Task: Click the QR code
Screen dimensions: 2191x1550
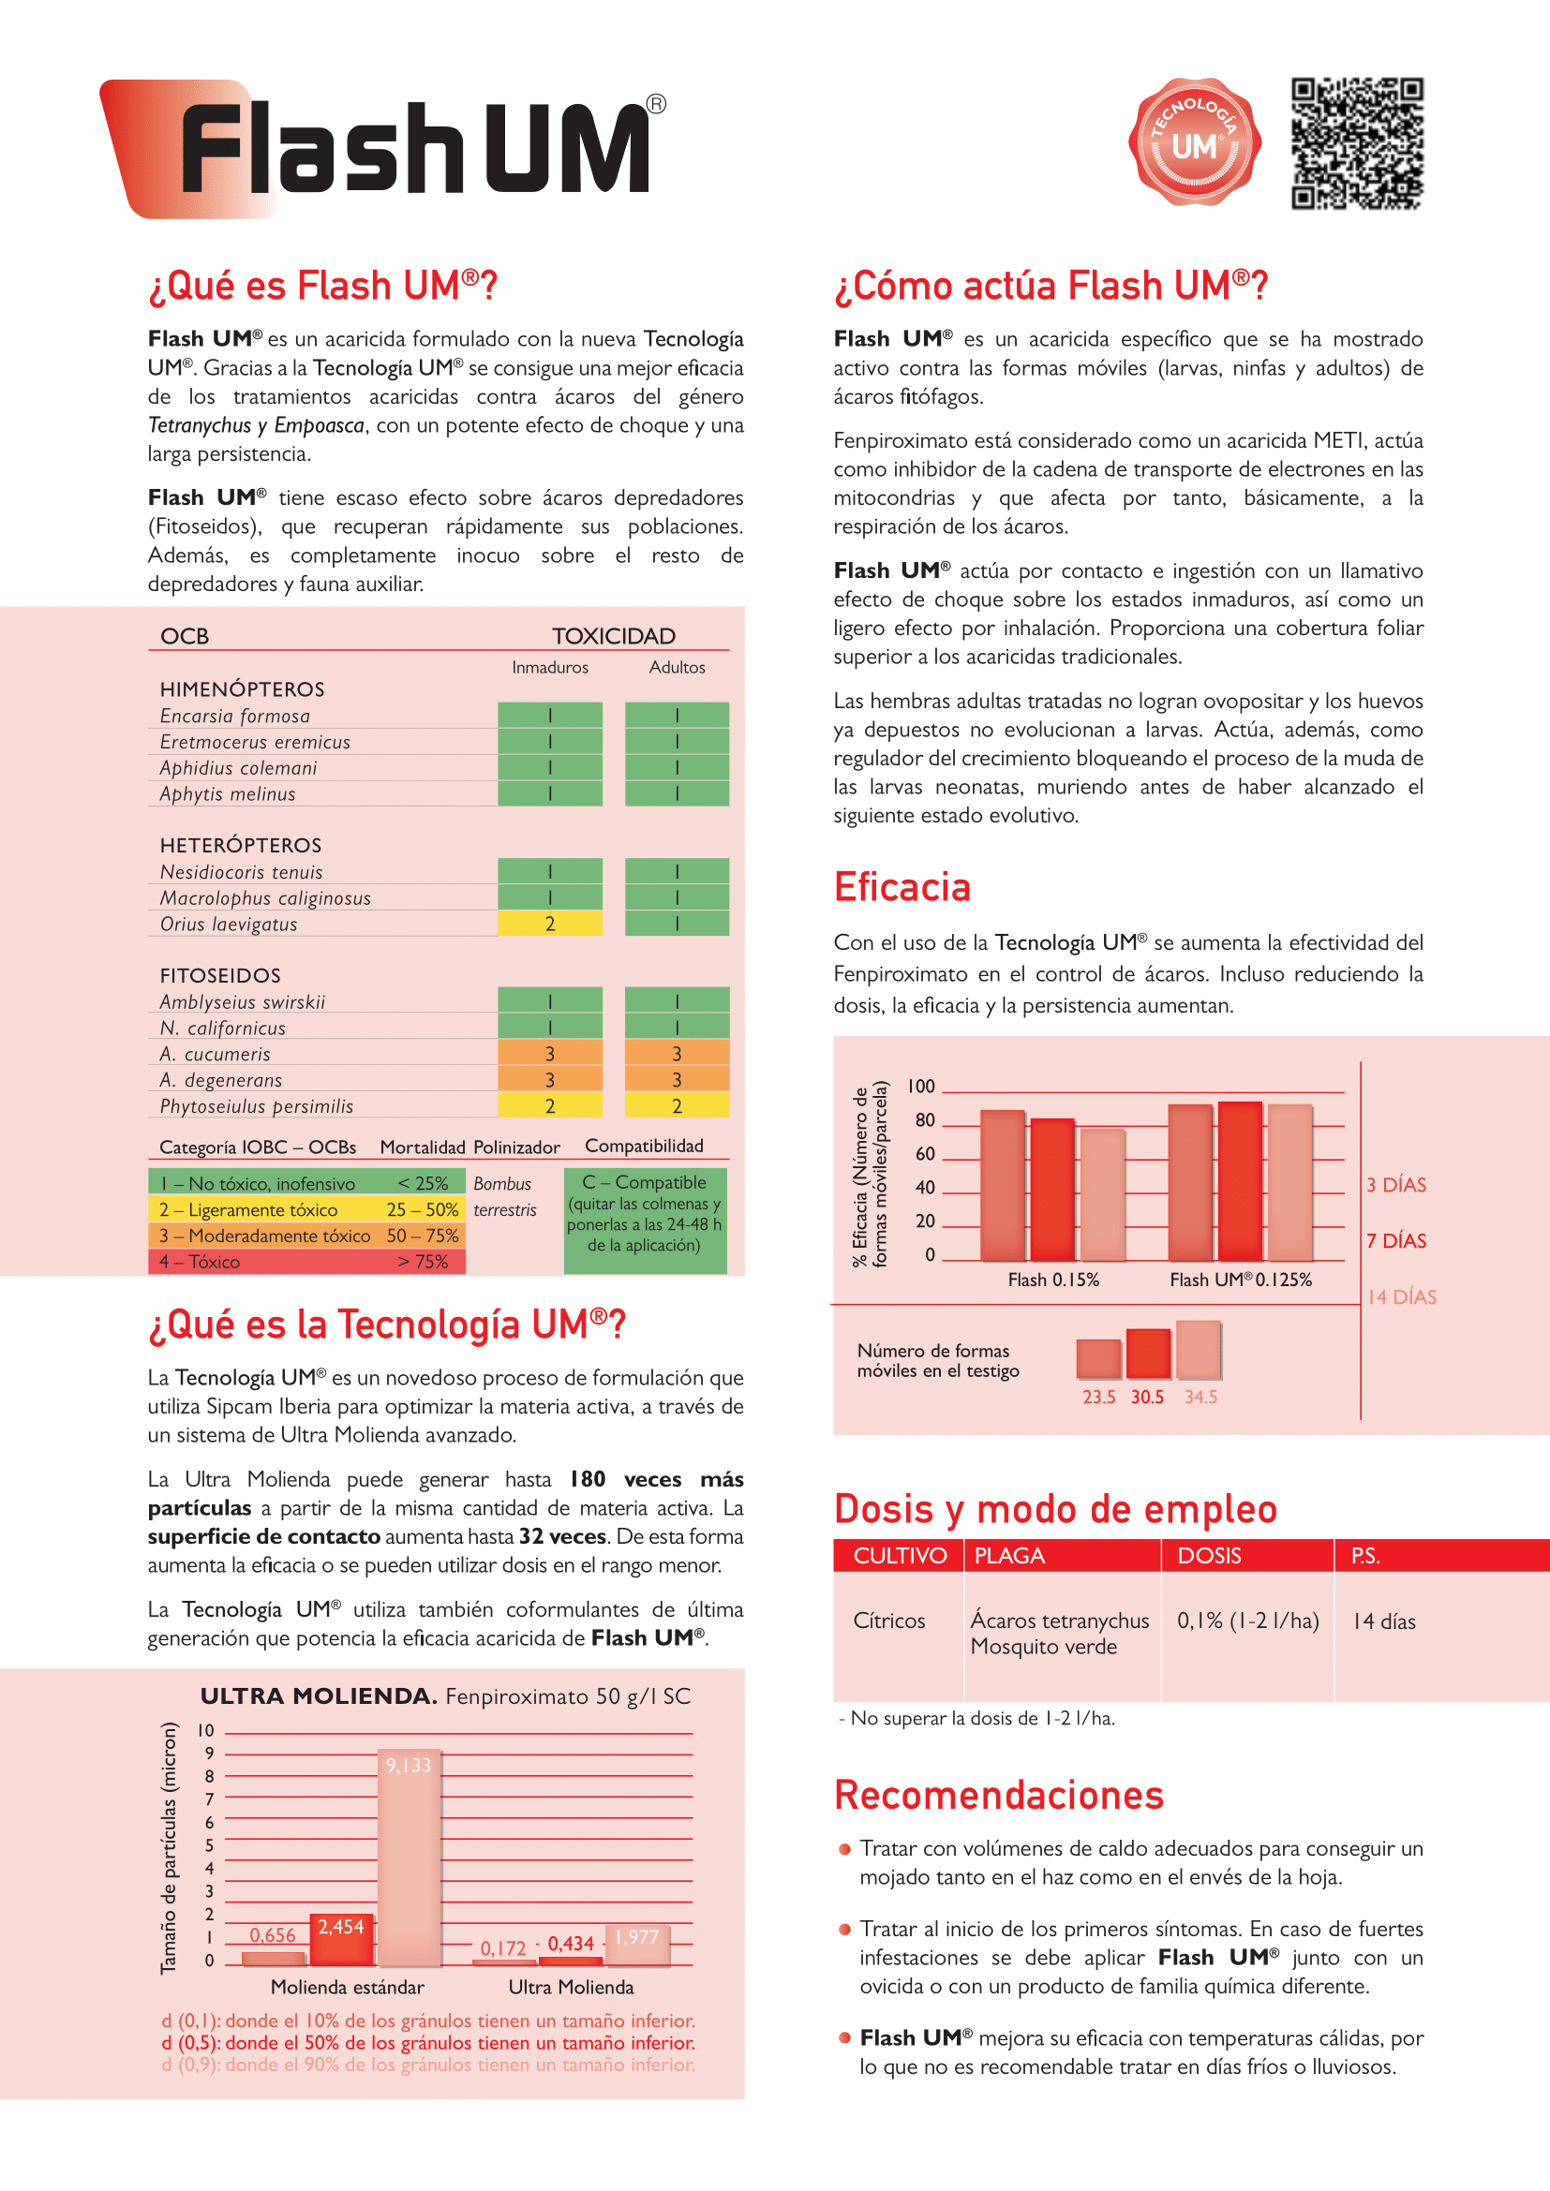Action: [1356, 143]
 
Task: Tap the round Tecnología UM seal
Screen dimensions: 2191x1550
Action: [1194, 141]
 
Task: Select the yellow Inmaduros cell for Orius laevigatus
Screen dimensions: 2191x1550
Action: [550, 924]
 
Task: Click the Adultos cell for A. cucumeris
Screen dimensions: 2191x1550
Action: [677, 1054]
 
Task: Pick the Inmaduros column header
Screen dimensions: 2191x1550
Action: [550, 667]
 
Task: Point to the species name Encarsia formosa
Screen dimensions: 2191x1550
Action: [235, 716]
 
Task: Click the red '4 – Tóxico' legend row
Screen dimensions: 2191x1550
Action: [306, 1262]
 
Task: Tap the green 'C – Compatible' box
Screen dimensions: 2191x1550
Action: [644, 1220]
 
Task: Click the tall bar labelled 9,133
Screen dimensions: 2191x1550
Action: [410, 1861]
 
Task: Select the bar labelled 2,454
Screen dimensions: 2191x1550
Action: [341, 1939]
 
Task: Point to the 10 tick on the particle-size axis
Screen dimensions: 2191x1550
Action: [206, 1730]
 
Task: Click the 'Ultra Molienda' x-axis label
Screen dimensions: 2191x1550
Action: [571, 1987]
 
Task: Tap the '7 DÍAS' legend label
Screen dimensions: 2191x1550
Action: [1395, 1240]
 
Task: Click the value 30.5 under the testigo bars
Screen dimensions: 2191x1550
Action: [1147, 1397]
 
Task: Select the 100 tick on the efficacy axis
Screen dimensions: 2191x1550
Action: [921, 1086]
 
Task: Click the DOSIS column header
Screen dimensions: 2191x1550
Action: [1209, 1556]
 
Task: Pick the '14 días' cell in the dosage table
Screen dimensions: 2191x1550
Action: [1384, 1621]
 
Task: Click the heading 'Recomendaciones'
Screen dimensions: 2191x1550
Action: [998, 1795]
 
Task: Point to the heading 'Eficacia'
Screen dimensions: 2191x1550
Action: [902, 886]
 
